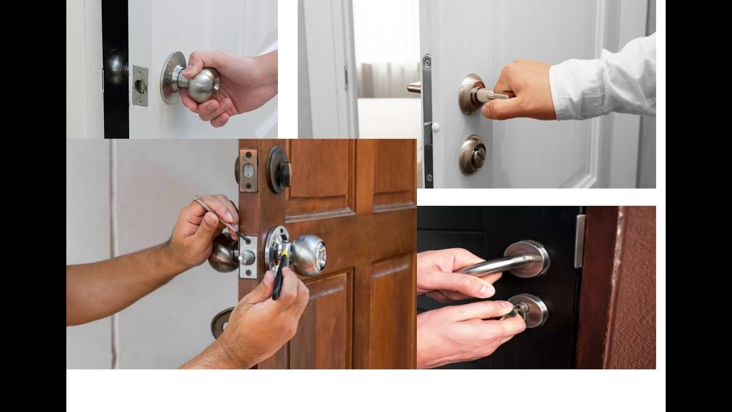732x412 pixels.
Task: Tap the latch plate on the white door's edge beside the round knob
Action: pyautogui.click(x=140, y=86)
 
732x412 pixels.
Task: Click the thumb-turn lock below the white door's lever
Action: pyautogui.click(x=472, y=154)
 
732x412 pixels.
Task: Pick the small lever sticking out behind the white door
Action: pyautogui.click(x=414, y=88)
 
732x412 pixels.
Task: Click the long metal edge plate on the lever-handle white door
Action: pyautogui.click(x=427, y=120)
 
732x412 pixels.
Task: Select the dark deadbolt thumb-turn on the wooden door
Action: pyautogui.click(x=280, y=169)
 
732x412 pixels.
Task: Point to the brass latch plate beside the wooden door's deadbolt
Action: pyautogui.click(x=248, y=170)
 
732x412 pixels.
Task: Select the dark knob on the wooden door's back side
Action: pyautogui.click(x=222, y=252)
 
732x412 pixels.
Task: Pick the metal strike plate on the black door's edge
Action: pyautogui.click(x=580, y=241)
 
